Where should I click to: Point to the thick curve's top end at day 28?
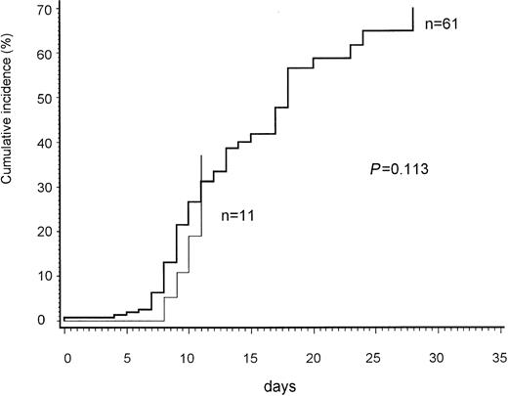tap(413, 8)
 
